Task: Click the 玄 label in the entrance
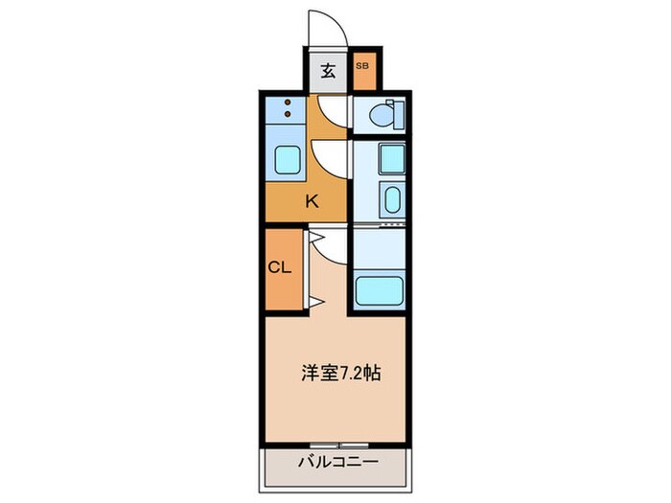[x=328, y=70]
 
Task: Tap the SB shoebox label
[x=362, y=66]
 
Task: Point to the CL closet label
[x=279, y=267]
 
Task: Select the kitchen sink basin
[x=288, y=159]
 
